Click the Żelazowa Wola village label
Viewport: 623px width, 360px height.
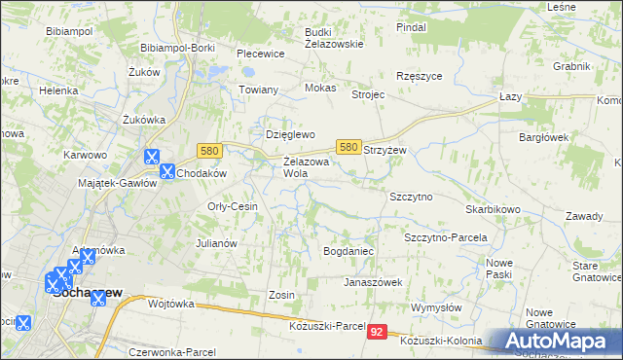(x=308, y=167)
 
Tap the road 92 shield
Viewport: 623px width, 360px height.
(x=378, y=332)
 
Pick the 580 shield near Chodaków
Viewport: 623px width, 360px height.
(x=208, y=151)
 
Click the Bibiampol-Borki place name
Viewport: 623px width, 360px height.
(x=177, y=47)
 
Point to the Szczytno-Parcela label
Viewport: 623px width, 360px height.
(x=445, y=237)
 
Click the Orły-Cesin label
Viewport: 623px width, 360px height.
(x=232, y=206)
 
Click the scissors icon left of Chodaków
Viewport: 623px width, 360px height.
(x=167, y=172)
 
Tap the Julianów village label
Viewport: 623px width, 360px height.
(x=217, y=243)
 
